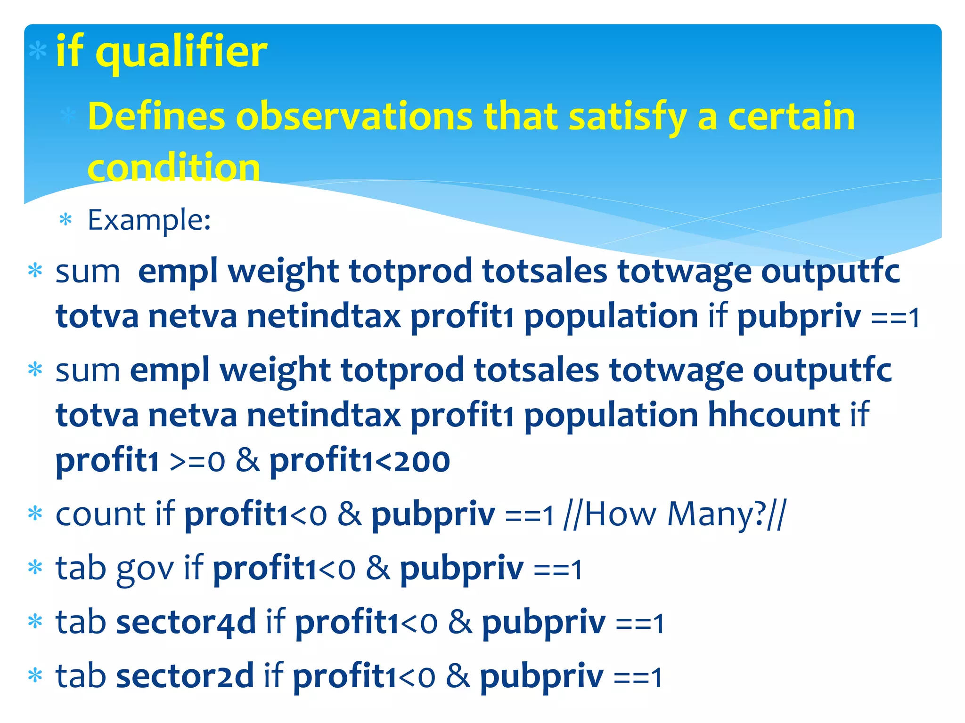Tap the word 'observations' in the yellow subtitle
click(354, 117)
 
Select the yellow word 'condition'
click(173, 168)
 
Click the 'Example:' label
click(149, 220)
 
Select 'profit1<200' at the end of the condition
click(360, 460)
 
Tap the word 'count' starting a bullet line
click(100, 514)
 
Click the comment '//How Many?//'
click(675, 514)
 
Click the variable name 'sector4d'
click(186, 622)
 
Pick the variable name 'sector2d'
click(185, 676)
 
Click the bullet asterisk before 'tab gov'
click(35, 567)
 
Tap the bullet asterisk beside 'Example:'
click(65, 219)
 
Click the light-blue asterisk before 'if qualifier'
click(38, 51)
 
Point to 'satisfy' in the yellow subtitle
click(627, 117)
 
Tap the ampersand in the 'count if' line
click(349, 514)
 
